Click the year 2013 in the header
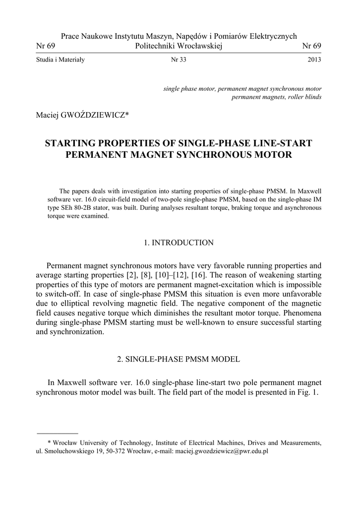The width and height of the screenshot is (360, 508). point(314,60)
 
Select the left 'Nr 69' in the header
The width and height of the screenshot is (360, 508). point(46,46)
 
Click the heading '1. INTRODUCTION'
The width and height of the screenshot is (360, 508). point(179,243)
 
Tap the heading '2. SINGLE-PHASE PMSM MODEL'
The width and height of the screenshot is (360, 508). point(179,359)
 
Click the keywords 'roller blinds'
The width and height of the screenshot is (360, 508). point(302,97)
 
